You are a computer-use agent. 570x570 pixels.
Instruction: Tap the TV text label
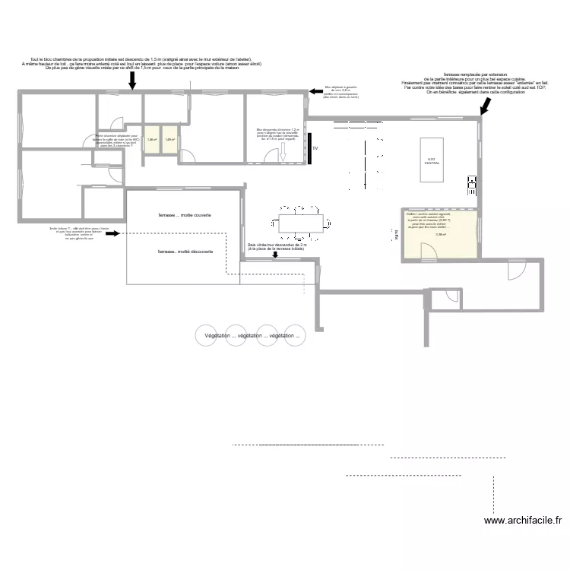click(314, 150)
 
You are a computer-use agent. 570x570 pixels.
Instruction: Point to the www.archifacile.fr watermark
click(524, 521)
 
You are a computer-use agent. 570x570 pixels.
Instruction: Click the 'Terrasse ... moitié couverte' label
click(185, 215)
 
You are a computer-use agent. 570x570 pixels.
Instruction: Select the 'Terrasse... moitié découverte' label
click(185, 252)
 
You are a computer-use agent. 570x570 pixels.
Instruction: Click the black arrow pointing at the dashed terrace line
click(112, 235)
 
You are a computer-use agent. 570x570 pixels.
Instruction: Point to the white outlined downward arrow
click(282, 152)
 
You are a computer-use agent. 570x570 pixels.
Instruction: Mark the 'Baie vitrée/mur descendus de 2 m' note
click(277, 247)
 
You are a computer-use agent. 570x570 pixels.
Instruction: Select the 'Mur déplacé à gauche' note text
click(341, 92)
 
